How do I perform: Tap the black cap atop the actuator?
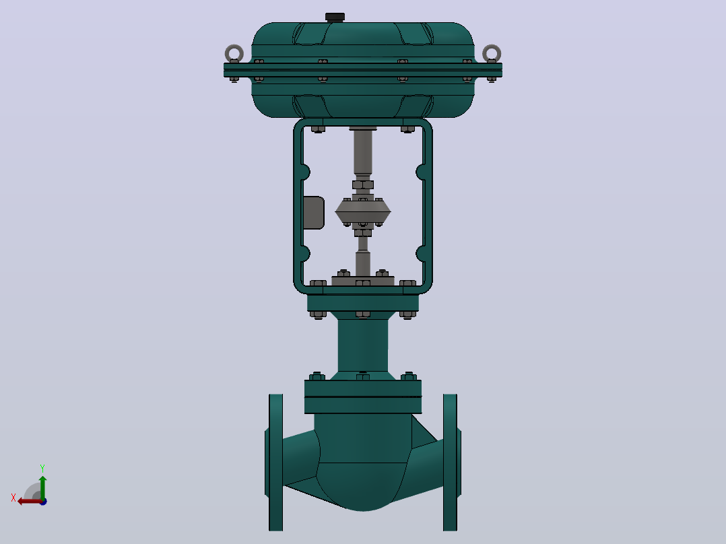pyautogui.click(x=335, y=18)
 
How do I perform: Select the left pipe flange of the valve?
pyautogui.click(x=275, y=462)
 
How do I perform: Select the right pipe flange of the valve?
pyautogui.click(x=451, y=462)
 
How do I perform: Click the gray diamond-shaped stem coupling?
pyautogui.click(x=363, y=212)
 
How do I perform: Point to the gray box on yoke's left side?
pyautogui.click(x=314, y=213)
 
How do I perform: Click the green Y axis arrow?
pyautogui.click(x=42, y=487)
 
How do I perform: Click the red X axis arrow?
pyautogui.click(x=30, y=502)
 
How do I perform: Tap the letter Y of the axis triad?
pyautogui.click(x=42, y=469)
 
